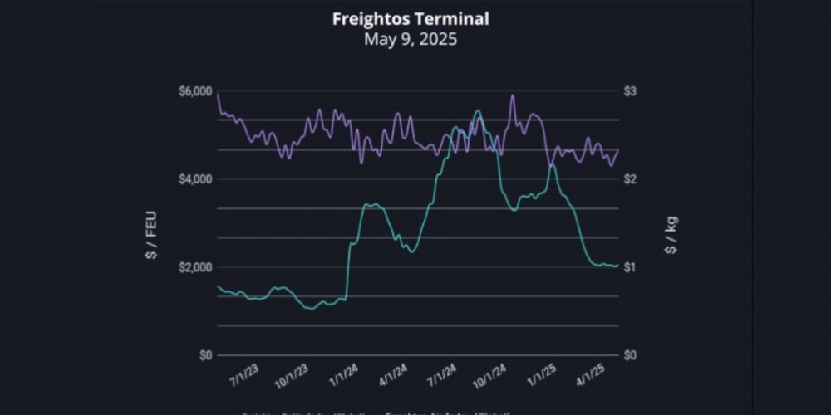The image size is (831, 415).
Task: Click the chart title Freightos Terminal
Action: click(x=411, y=18)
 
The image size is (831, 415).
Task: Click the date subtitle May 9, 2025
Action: click(x=411, y=38)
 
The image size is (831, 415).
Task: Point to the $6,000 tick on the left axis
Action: click(x=194, y=90)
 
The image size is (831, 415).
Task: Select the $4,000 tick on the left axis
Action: click(x=194, y=179)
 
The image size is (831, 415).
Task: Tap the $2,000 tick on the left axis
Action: click(x=194, y=267)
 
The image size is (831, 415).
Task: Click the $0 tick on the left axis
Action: click(x=203, y=355)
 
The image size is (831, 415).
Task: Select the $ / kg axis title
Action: click(x=671, y=236)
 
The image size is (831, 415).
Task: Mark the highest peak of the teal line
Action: click(x=477, y=110)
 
